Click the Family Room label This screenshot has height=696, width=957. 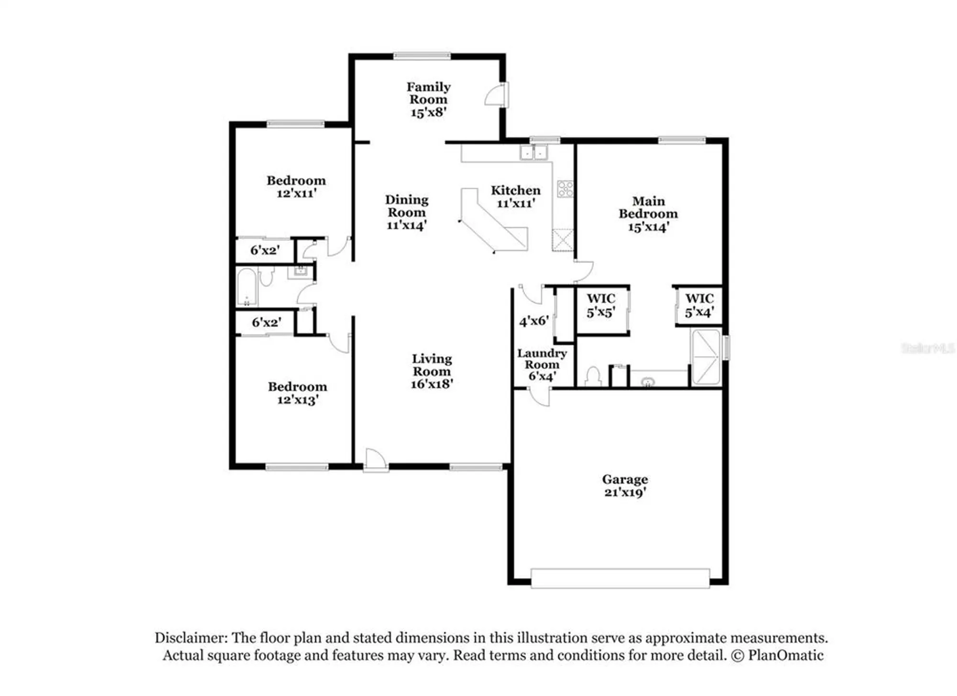(x=428, y=93)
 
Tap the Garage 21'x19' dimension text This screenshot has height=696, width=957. (x=625, y=493)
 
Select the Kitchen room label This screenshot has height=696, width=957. (x=515, y=191)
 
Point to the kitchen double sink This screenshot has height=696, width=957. (x=533, y=153)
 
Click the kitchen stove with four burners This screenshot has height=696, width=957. (x=565, y=189)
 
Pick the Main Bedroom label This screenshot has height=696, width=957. (x=648, y=207)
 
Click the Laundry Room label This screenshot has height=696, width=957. (x=542, y=359)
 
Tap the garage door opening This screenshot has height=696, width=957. (x=620, y=578)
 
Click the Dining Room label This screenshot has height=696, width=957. (x=407, y=206)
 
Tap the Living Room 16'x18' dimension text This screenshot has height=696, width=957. (x=432, y=384)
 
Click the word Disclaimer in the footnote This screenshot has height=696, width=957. (x=190, y=638)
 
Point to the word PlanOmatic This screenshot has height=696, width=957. (x=786, y=655)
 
